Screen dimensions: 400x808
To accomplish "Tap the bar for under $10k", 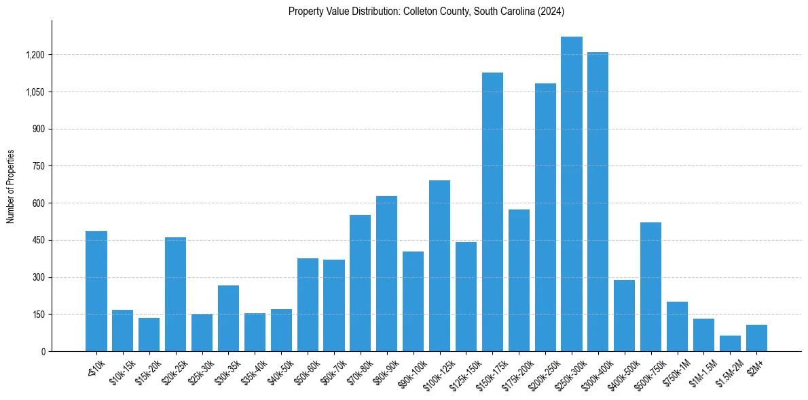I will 96,292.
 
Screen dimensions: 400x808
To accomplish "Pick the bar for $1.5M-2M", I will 730,344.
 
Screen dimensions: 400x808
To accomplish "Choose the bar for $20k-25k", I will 175,294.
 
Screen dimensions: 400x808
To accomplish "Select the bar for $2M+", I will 756,338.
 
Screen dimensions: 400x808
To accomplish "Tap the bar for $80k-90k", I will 386,274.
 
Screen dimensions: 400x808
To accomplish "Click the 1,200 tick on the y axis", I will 36,55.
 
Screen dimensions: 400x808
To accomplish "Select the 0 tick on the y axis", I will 43,352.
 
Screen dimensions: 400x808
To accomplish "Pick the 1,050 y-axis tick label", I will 36,92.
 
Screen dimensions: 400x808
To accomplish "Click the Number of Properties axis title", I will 10,186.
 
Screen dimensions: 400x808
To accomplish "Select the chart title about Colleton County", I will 426,12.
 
